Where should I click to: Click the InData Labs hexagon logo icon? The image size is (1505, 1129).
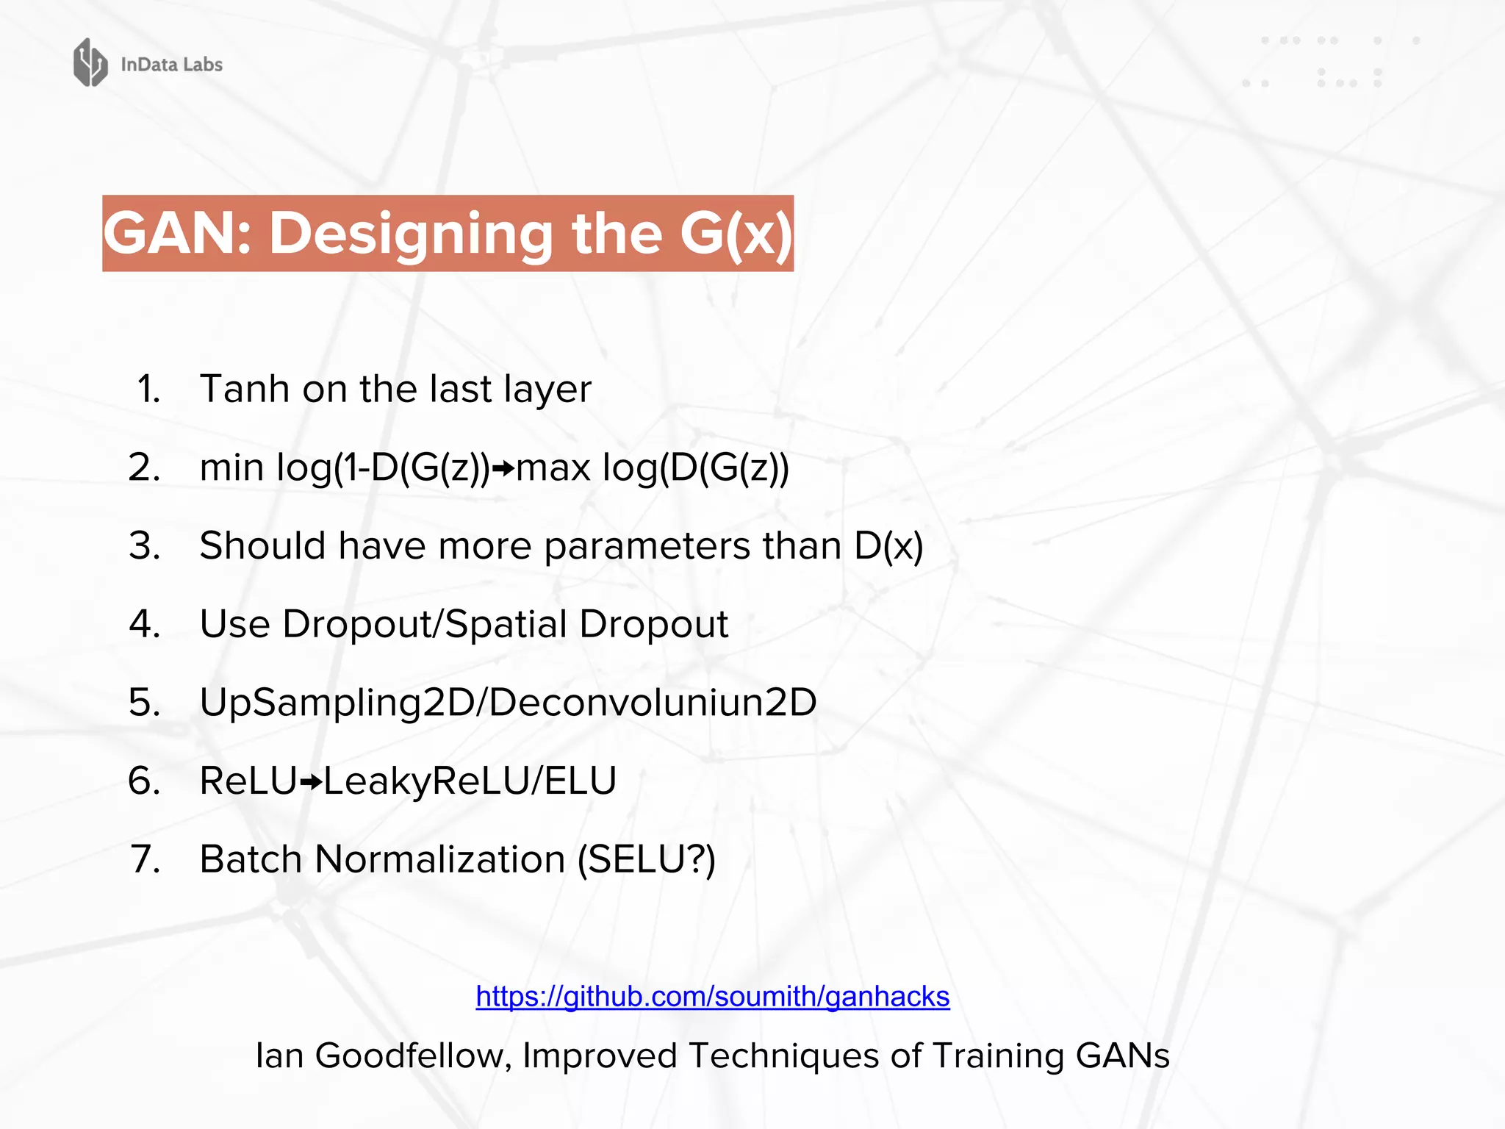[90, 63]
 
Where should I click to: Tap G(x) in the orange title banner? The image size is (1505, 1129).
[736, 234]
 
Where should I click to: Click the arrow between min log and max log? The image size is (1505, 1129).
[503, 468]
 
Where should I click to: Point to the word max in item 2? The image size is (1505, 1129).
[553, 468]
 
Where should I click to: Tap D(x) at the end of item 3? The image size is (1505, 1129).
[888, 546]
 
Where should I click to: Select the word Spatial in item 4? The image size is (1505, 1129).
[506, 625]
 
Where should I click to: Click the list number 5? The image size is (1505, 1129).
[144, 703]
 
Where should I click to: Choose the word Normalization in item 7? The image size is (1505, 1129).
[439, 859]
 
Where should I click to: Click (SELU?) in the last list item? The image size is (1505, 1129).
[646, 859]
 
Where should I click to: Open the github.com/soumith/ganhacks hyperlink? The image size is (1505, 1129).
[712, 997]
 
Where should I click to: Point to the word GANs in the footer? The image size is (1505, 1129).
[1122, 1056]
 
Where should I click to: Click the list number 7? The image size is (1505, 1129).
[145, 859]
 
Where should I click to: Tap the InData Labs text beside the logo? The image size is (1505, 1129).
[171, 65]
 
